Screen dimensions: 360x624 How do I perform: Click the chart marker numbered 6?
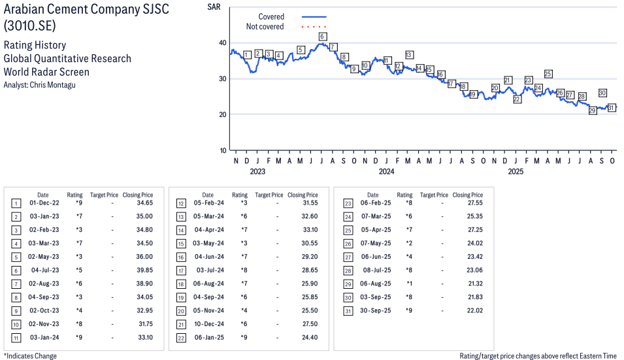(x=322, y=37)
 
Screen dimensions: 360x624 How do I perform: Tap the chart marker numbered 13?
(x=409, y=55)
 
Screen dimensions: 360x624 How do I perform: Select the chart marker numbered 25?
(x=548, y=74)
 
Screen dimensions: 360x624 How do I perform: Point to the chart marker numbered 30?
(x=602, y=93)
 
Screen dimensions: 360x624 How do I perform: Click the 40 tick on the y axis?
(x=223, y=43)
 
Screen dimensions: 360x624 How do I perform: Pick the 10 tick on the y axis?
(x=223, y=150)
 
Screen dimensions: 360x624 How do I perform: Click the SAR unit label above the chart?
(x=213, y=7)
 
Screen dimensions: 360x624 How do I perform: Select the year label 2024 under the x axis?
(x=386, y=172)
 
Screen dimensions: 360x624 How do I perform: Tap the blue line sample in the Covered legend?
(x=314, y=17)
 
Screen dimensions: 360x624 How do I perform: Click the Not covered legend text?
(x=265, y=27)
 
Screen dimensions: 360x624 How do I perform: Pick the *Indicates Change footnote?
(x=30, y=356)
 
